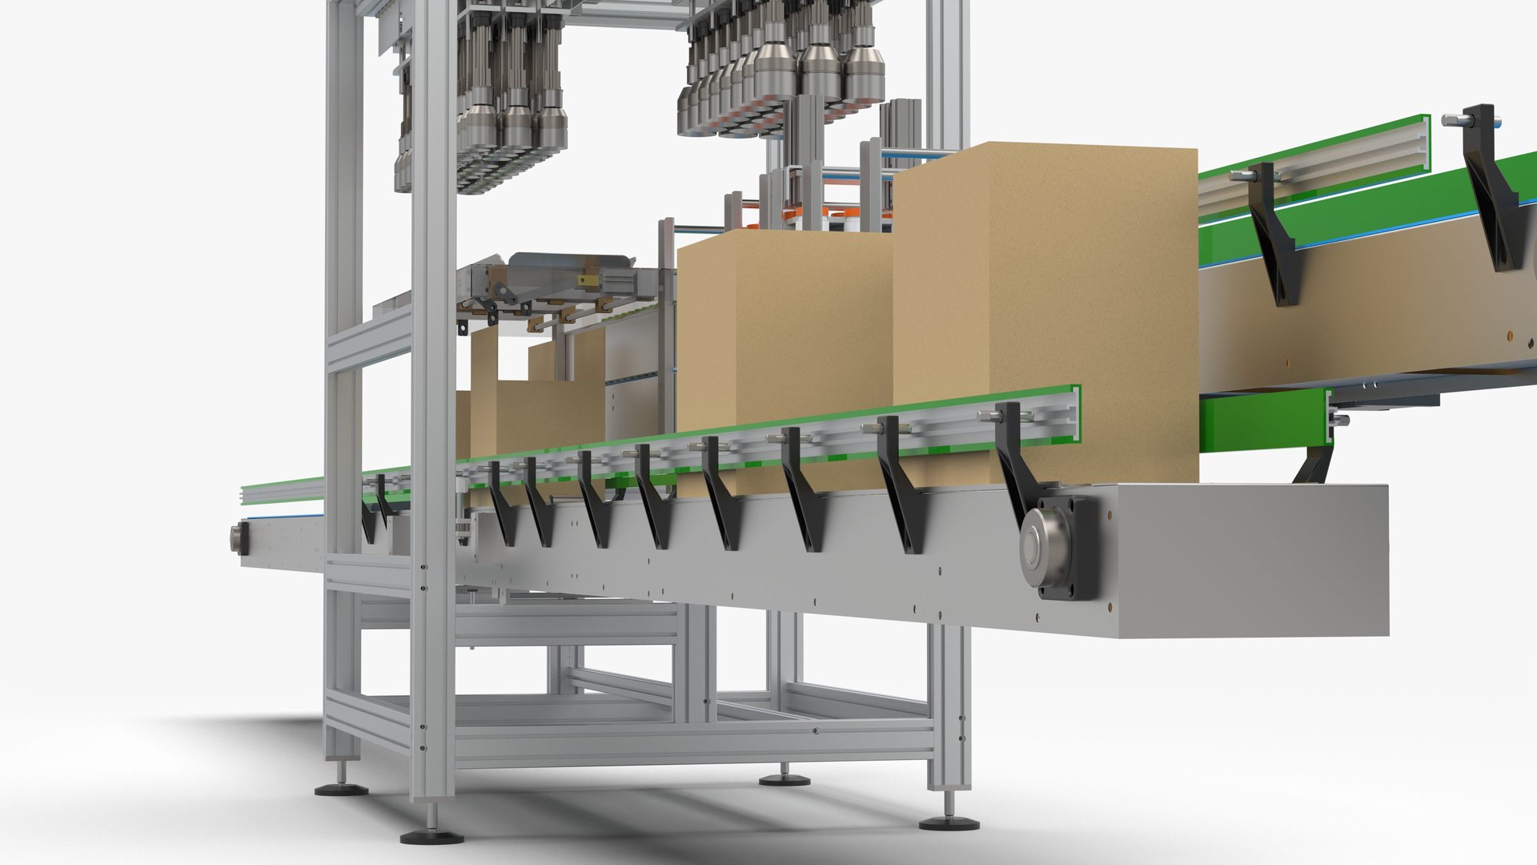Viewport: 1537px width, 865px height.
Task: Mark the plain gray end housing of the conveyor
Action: click(1249, 561)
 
